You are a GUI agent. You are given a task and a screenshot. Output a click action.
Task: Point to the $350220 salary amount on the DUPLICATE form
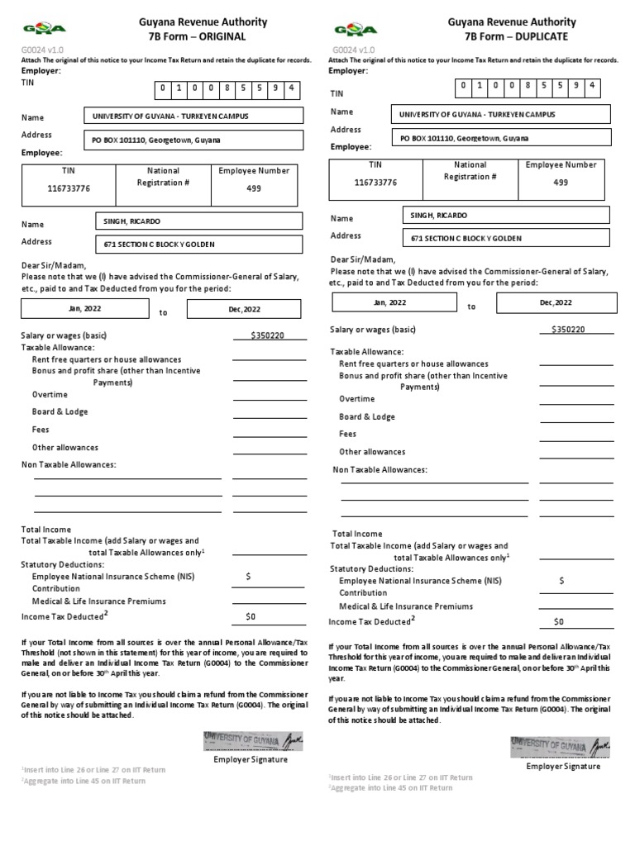(568, 330)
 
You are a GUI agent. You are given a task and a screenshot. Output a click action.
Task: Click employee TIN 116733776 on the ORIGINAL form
(69, 189)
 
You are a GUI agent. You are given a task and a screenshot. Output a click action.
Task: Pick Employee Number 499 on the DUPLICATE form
(561, 183)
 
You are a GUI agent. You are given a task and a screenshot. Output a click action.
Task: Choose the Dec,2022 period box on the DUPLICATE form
(556, 302)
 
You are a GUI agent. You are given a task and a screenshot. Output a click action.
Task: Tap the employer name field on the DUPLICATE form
(502, 115)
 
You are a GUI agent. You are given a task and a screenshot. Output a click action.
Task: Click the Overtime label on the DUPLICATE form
(357, 399)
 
